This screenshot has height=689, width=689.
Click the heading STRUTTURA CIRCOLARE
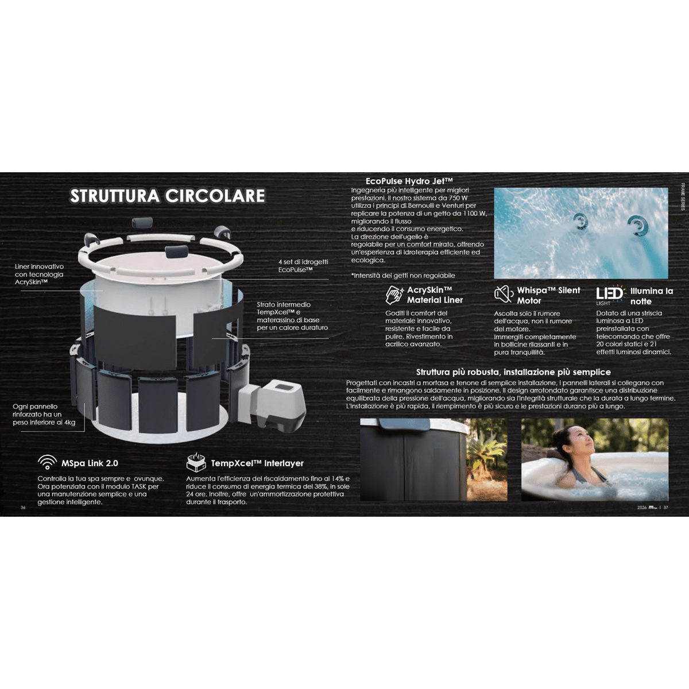167,196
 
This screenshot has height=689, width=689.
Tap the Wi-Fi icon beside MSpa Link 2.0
47,462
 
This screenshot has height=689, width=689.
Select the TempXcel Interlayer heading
257,463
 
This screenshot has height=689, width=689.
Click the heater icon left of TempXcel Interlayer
196,462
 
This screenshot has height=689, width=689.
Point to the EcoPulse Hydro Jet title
409,181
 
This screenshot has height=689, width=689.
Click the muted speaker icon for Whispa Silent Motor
504,295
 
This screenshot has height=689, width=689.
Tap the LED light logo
609,296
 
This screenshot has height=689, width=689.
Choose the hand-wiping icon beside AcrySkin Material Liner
394,295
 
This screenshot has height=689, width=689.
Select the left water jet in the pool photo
580,222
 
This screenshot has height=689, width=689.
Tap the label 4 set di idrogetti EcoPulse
303,266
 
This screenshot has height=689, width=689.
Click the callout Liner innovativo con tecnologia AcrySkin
40,274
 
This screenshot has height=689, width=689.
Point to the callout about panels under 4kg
44,415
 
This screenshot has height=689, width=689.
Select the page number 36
23,508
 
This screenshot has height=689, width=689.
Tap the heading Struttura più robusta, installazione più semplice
513,372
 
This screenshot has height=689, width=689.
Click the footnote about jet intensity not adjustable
403,276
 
